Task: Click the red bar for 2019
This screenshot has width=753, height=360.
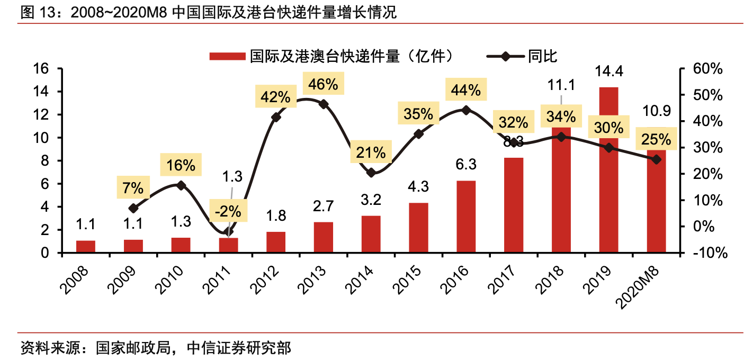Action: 609,169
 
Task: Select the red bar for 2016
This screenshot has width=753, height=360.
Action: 466,217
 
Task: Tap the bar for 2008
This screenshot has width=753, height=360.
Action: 86,247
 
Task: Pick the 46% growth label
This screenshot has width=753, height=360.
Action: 324,84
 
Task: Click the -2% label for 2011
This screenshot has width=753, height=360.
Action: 228,211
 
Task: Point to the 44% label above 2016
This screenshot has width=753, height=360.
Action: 466,91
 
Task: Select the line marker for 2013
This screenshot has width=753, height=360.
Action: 324,104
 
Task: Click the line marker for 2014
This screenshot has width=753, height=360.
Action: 371,173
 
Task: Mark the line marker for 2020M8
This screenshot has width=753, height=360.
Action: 657,159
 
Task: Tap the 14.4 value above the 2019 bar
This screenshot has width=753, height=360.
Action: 609,71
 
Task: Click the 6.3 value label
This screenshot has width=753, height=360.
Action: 466,165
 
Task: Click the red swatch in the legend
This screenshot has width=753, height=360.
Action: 227,56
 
